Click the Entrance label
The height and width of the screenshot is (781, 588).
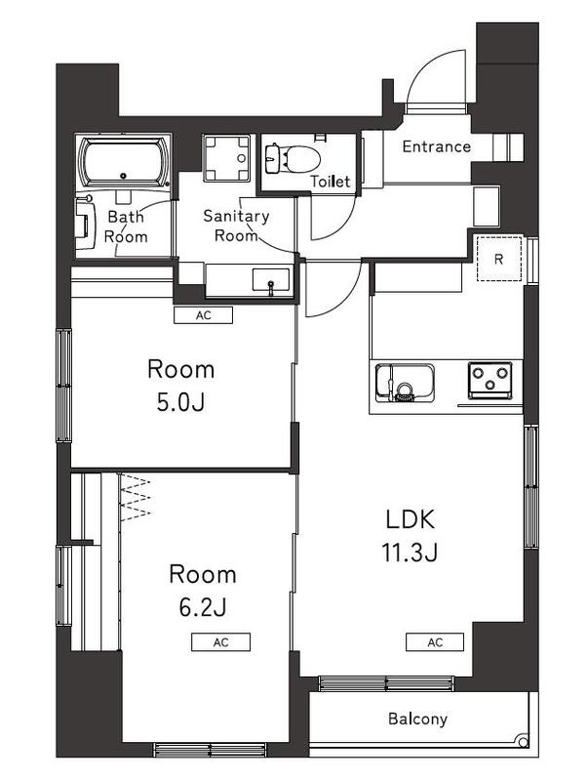tap(436, 147)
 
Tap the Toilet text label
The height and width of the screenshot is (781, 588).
tap(330, 182)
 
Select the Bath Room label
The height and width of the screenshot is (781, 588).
tap(127, 226)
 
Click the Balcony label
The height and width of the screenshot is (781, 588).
tap(417, 719)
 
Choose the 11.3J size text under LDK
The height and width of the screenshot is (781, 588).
tap(409, 553)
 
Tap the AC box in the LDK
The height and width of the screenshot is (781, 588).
tap(435, 641)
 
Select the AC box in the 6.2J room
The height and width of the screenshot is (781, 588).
tap(220, 641)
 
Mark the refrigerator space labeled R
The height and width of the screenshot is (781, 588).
tap(498, 260)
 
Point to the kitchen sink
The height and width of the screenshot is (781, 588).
tap(404, 382)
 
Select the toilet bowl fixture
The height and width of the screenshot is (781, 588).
tap(292, 156)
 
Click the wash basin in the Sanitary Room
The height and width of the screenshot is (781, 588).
tap(270, 281)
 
